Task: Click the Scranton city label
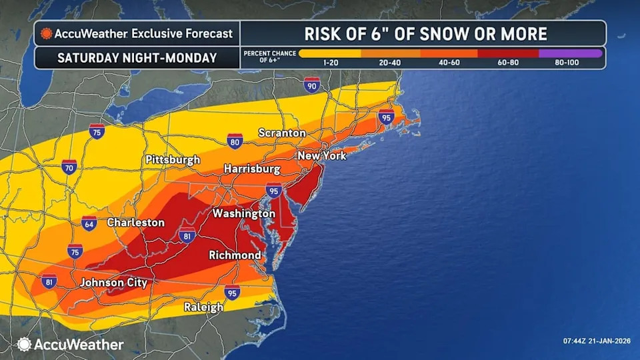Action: tap(281, 133)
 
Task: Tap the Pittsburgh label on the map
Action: tap(173, 160)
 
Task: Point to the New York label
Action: tap(323, 156)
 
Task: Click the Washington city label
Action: tap(243, 214)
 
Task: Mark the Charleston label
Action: tap(135, 223)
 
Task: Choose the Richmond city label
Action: tap(235, 255)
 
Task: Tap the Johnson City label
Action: tap(113, 283)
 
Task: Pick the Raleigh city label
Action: tap(203, 307)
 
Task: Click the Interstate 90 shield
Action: tap(311, 85)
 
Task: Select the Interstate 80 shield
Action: tap(235, 141)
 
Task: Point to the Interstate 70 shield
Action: tap(69, 167)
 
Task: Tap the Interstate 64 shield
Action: tap(89, 223)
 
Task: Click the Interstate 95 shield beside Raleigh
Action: tap(232, 292)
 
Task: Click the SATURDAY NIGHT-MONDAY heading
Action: tap(137, 57)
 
